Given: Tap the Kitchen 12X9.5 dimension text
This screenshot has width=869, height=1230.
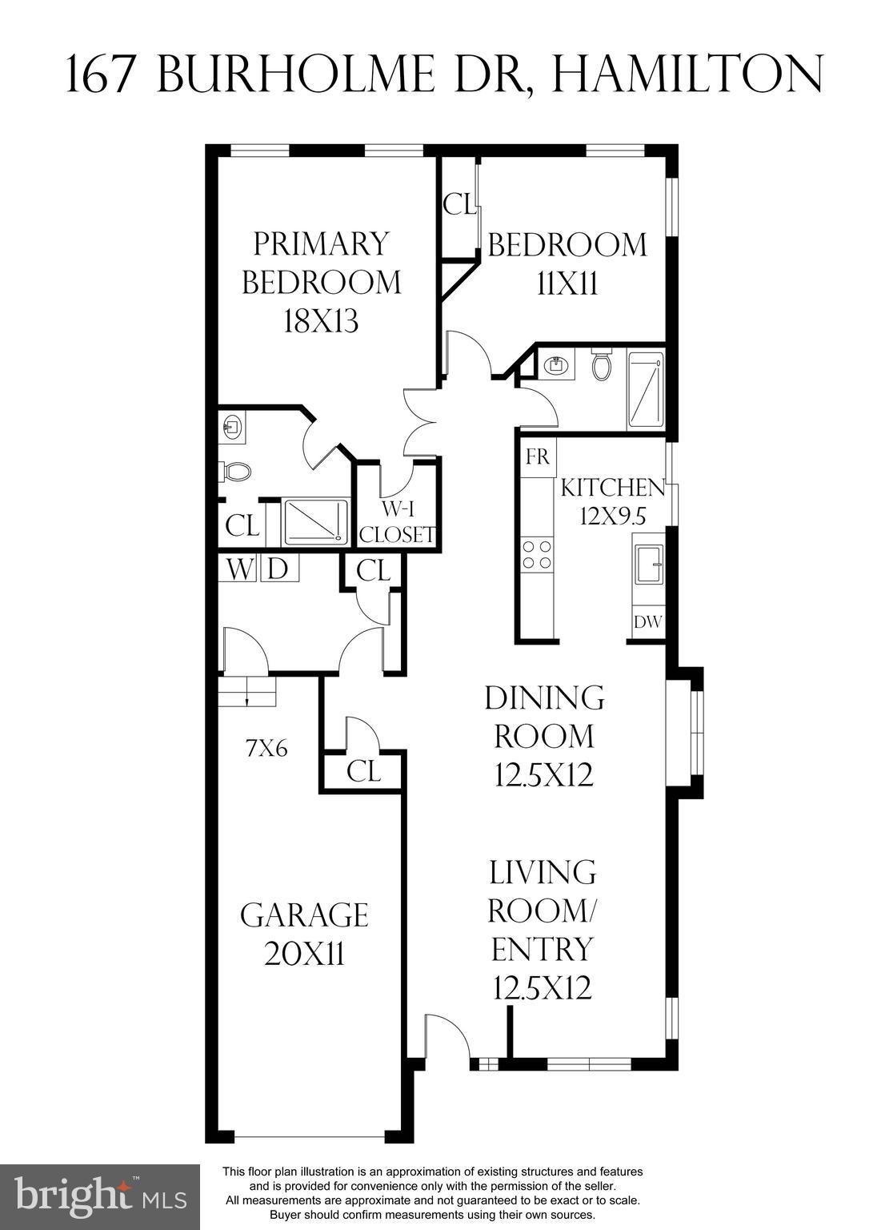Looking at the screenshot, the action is [613, 516].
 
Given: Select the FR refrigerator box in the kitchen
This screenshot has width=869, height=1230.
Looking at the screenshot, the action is [539, 456].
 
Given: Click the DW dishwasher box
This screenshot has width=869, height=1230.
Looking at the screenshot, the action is [648, 621].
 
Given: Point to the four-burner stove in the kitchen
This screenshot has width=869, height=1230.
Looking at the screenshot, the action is [537, 555].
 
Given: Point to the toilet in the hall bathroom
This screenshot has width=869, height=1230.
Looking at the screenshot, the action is [601, 367].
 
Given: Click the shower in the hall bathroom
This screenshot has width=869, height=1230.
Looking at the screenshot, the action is [646, 391].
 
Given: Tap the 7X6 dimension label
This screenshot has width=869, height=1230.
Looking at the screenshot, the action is [266, 749].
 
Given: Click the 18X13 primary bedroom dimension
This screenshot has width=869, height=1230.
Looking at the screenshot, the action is [321, 321].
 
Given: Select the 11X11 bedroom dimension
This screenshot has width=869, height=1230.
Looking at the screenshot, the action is [567, 284].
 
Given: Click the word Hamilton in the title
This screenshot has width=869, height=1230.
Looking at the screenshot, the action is [687, 73].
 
